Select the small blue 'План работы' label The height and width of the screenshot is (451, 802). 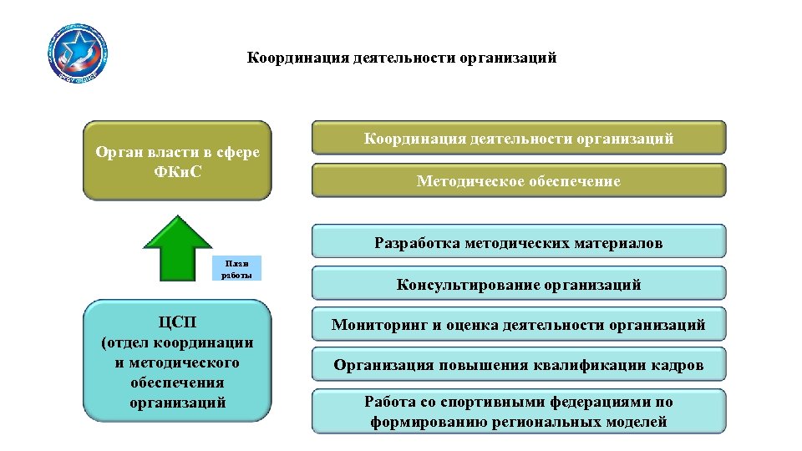point(236,267)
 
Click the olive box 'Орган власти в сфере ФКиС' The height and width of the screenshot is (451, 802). point(177,160)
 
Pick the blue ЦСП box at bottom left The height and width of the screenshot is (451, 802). point(177,361)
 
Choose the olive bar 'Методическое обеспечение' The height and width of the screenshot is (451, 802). point(519,180)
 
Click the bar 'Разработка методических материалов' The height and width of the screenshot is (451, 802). point(519,242)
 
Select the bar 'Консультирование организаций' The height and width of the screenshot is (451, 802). point(519,284)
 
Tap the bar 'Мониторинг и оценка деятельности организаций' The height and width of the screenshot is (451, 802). point(519,324)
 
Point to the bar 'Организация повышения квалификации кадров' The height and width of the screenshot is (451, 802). point(519,364)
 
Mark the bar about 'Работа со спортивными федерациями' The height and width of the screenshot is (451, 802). point(519,412)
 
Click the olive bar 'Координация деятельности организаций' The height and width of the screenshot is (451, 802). point(519,138)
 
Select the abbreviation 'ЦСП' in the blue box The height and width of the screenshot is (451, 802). point(177,322)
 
